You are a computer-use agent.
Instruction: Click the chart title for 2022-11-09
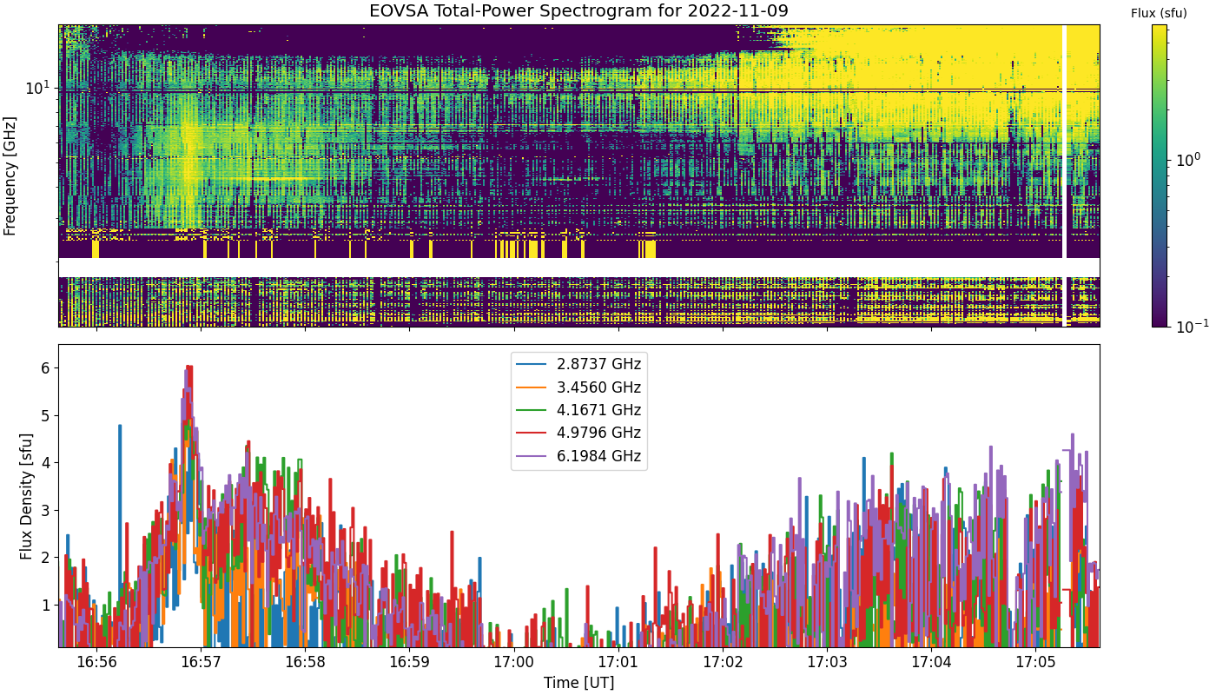[x=578, y=10]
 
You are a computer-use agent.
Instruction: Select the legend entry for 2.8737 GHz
[x=578, y=364]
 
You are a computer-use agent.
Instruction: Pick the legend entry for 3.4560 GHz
[x=578, y=387]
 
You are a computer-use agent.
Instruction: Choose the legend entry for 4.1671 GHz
[x=578, y=410]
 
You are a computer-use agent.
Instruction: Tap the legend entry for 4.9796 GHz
[x=578, y=433]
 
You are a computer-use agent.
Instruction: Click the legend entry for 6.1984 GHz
[x=578, y=456]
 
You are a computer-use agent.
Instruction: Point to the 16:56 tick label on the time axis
[x=96, y=662]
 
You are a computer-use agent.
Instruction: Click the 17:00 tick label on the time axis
[x=513, y=662]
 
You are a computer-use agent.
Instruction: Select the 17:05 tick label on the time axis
[x=1035, y=662]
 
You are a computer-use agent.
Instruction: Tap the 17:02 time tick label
[x=723, y=662]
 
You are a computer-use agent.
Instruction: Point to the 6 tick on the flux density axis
[x=45, y=368]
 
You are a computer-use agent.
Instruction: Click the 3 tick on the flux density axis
[x=45, y=511]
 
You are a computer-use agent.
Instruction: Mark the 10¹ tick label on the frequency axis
[x=37, y=88]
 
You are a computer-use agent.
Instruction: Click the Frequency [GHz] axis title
[x=10, y=175]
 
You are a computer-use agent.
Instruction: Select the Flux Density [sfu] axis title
[x=26, y=496]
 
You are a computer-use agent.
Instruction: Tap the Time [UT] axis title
[x=578, y=683]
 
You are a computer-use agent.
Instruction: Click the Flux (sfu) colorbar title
[x=1159, y=14]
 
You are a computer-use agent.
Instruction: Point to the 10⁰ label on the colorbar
[x=1188, y=160]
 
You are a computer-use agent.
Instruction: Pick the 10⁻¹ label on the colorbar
[x=1192, y=327]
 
